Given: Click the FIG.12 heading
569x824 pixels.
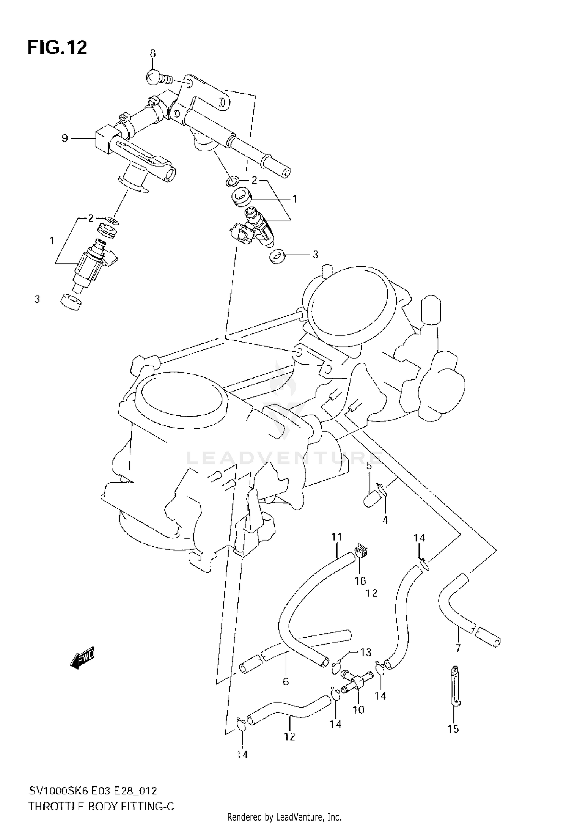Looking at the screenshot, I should [57, 48].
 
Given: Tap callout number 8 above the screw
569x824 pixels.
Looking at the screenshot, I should [152, 53].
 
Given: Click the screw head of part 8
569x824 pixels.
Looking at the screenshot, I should [153, 77].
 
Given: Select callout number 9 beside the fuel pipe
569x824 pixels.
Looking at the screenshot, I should [65, 138].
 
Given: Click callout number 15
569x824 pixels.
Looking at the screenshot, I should [453, 729].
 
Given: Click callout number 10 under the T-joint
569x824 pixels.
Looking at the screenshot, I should [358, 709].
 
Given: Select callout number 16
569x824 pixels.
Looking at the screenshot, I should [360, 581].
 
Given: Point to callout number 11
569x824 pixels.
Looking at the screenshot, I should [336, 537].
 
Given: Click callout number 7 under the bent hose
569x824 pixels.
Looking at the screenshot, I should [458, 648].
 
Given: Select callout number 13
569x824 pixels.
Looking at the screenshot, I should [366, 653].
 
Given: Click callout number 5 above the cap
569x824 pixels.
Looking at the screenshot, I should [369, 466].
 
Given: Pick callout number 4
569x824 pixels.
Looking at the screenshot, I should [385, 521].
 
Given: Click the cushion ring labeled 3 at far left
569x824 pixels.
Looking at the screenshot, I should [71, 302].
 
